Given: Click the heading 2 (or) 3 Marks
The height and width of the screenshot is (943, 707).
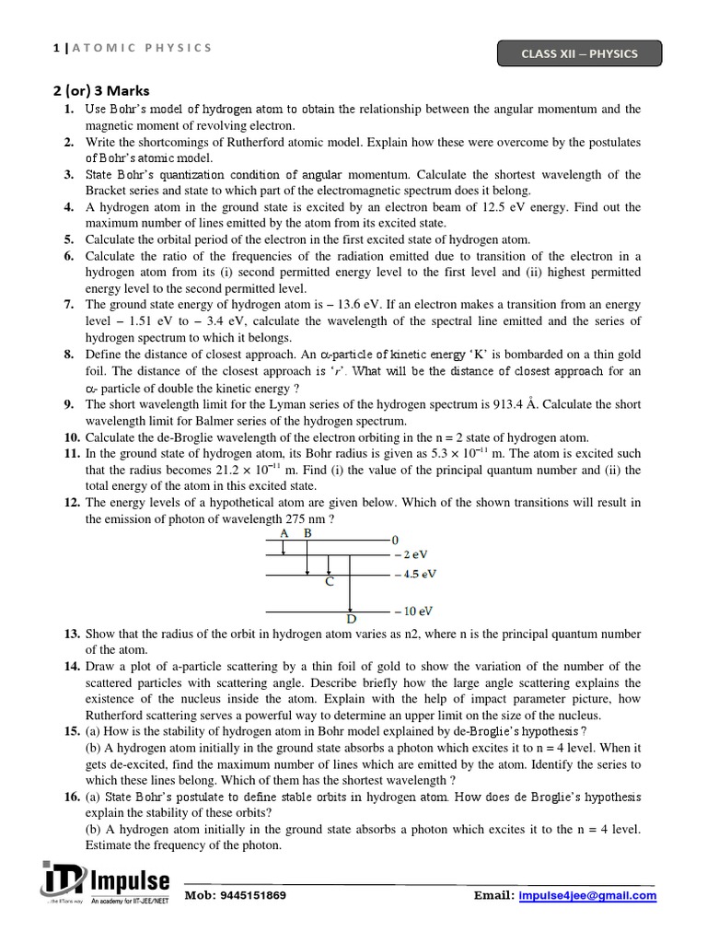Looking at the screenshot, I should click(99, 90).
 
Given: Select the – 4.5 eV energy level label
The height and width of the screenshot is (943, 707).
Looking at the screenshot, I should click(414, 574).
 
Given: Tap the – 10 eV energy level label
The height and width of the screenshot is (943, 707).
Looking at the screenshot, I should click(412, 611).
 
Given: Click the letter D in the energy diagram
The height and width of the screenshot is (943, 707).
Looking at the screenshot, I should click(351, 619).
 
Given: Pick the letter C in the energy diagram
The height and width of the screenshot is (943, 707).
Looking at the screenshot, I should click(329, 582).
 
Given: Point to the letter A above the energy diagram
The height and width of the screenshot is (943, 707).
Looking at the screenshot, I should click(284, 533).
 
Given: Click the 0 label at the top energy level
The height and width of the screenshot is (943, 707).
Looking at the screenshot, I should click(395, 539).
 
